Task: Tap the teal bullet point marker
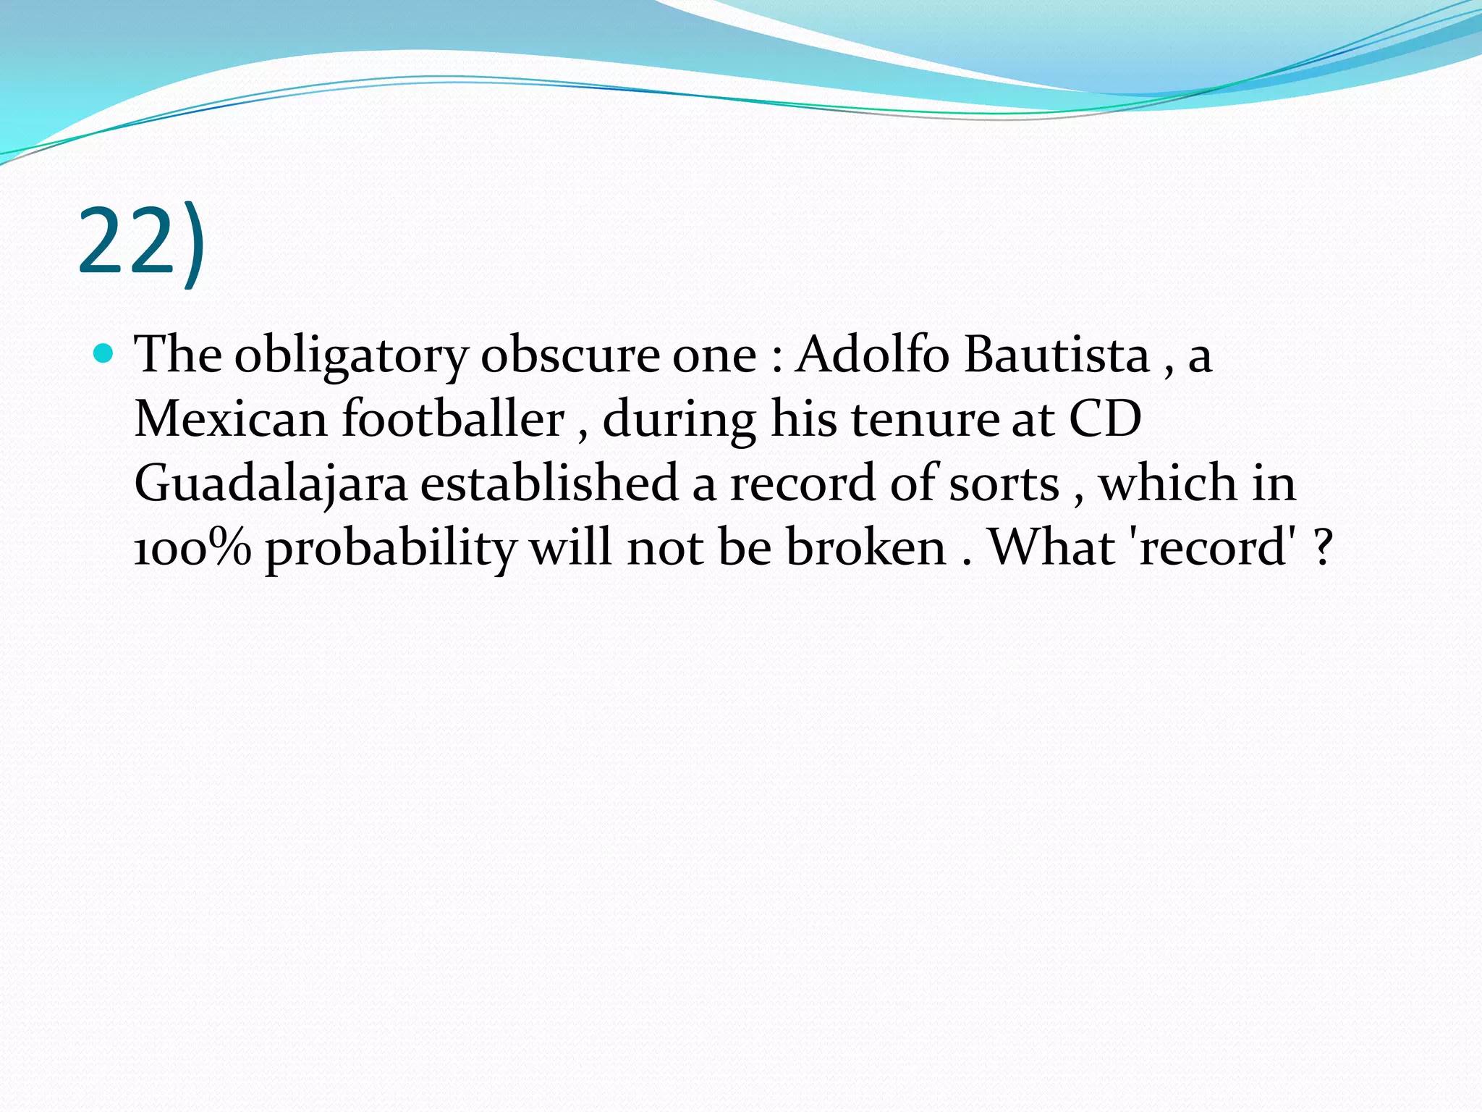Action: (x=105, y=354)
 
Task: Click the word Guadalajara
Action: (x=271, y=484)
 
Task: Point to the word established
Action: (x=549, y=482)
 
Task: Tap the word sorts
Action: (x=1004, y=484)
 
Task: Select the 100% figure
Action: (x=192, y=547)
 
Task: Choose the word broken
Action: (x=865, y=547)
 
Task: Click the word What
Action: (x=1051, y=547)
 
